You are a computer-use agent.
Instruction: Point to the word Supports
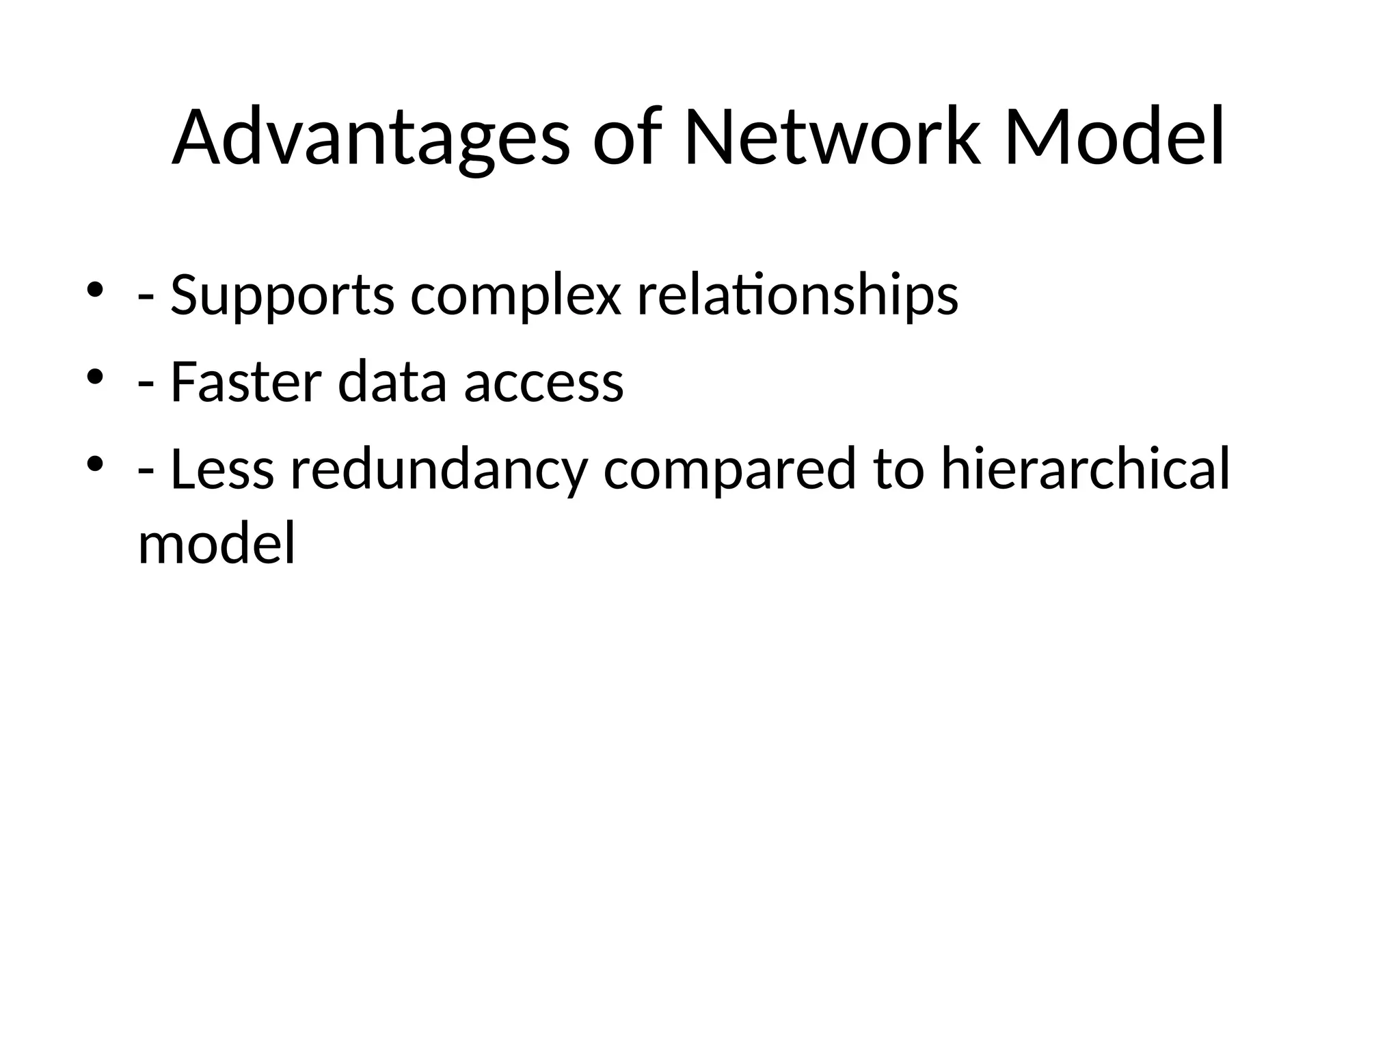pyautogui.click(x=282, y=296)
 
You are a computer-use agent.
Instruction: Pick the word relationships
pyautogui.click(x=797, y=296)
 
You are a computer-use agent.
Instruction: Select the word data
pyautogui.click(x=392, y=382)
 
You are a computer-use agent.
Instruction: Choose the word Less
pyautogui.click(x=222, y=470)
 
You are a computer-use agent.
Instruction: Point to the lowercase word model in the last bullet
pyautogui.click(x=217, y=543)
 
